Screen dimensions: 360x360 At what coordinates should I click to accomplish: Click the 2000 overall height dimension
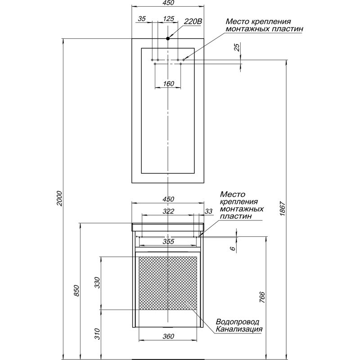point(59,198)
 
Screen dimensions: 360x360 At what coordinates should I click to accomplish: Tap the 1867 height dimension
point(282,208)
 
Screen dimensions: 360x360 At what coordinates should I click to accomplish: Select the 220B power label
point(193,22)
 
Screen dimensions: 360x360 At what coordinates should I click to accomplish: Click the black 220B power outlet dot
point(168,38)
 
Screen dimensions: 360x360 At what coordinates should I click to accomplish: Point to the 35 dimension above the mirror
point(142,18)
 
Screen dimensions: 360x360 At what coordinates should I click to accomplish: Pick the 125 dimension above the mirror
point(169,18)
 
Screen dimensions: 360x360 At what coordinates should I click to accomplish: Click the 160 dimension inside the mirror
point(168,84)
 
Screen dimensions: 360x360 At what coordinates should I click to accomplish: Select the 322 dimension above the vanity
point(168,211)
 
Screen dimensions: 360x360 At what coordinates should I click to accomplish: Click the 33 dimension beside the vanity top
point(208,211)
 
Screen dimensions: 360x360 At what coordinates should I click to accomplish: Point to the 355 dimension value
point(168,241)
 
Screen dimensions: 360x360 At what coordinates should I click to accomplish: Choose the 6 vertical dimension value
point(233,248)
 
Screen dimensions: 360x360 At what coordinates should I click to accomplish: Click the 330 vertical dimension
point(98,283)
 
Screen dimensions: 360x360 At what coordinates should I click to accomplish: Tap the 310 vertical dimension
point(98,334)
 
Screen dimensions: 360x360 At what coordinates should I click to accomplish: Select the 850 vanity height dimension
point(76,290)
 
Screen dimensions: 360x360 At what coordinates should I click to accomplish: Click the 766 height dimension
point(262,297)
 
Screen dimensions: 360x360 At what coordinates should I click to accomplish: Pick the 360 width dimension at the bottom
point(168,336)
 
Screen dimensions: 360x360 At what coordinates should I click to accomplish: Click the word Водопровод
point(238,321)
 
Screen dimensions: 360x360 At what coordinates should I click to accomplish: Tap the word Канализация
point(239,329)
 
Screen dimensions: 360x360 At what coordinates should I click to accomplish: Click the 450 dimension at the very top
point(168,3)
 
